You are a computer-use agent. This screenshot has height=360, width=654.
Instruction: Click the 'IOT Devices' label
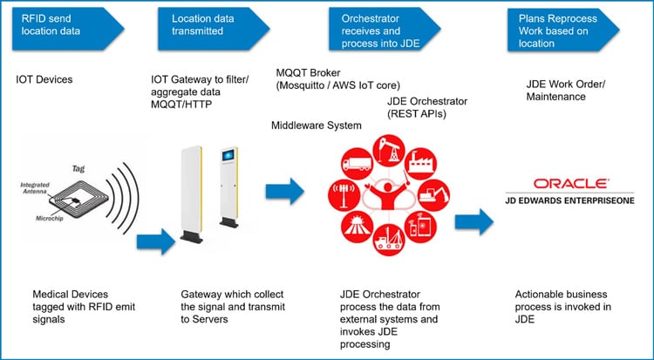(x=44, y=80)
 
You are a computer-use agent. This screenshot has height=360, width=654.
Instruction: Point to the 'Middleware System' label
(x=316, y=126)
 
